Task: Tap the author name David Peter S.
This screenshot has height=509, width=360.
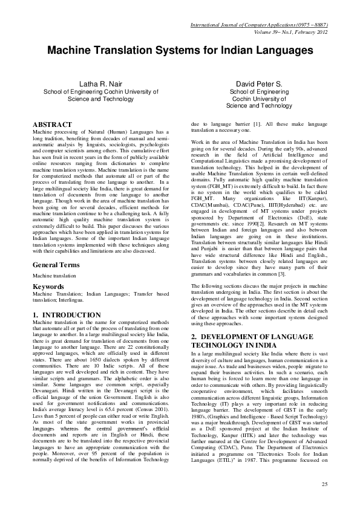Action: [258, 83]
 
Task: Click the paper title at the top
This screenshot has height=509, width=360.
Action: [180, 50]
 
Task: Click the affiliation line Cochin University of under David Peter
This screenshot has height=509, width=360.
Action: [258, 98]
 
